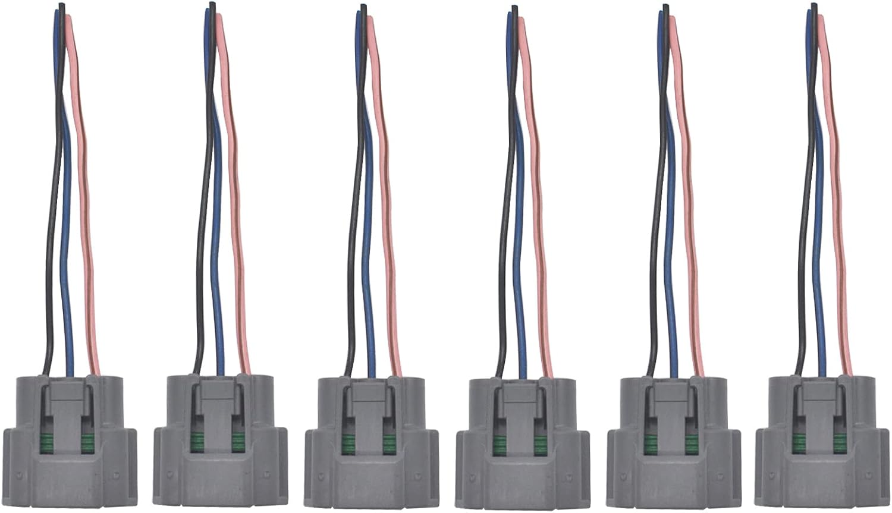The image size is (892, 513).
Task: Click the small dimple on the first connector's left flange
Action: [x=18, y=476]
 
